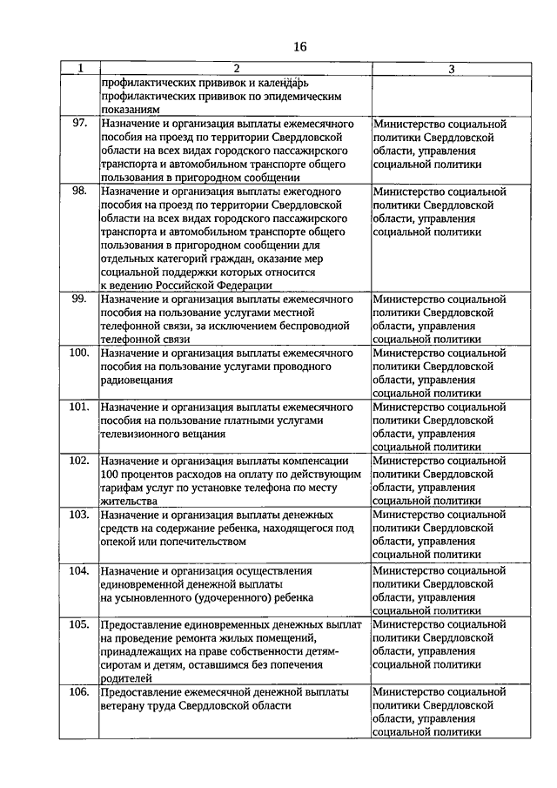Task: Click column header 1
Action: pos(81,69)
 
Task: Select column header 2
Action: pos(235,69)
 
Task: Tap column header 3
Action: pos(451,69)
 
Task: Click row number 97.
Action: pos(80,124)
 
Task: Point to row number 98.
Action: pos(80,190)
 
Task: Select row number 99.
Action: pos(80,299)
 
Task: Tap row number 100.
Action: pos(79,354)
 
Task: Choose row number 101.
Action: pos(79,407)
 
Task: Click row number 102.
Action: pos(79,461)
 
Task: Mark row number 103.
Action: pos(79,515)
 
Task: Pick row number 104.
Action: pos(79,570)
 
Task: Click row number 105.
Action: pos(79,624)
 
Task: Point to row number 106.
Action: pos(79,691)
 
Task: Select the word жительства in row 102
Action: pos(129,502)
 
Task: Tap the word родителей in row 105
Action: pos(126,677)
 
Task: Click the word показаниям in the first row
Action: pos(130,111)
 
